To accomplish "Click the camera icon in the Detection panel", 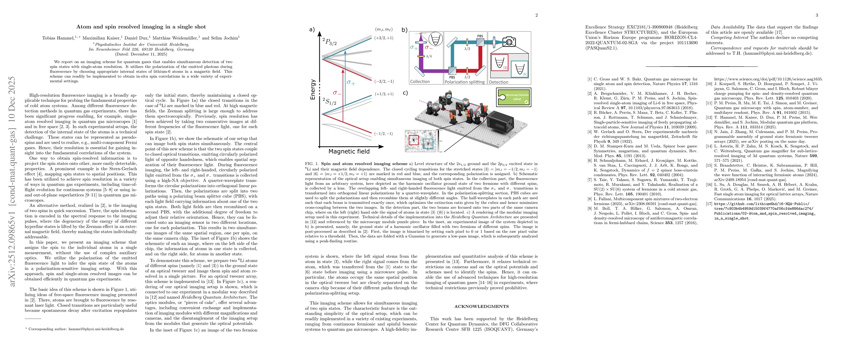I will pyautogui.click(x=509, y=41).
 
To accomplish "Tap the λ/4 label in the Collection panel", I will pyautogui.click(x=429, y=56).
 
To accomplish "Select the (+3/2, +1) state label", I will pyautogui.click(x=384, y=38).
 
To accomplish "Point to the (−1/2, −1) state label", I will pyautogui.click(x=384, y=133).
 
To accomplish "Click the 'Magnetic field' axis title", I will pyautogui.click(x=349, y=152).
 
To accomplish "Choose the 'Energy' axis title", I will pyautogui.click(x=313, y=89).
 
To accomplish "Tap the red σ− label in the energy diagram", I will pyautogui.click(x=337, y=93).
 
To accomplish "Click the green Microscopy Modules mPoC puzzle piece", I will pyautogui.click(x=513, y=97).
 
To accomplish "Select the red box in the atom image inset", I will pyautogui.click(x=414, y=140).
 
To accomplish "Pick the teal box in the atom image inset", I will pyautogui.click(x=427, y=144).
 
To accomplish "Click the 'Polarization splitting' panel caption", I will pyautogui.click(x=465, y=82).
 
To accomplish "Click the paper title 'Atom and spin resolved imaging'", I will pyautogui.click(x=141, y=27).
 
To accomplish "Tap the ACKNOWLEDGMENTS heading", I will pyautogui.click(x=481, y=306).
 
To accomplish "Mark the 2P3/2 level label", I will pyautogui.click(x=329, y=42).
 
